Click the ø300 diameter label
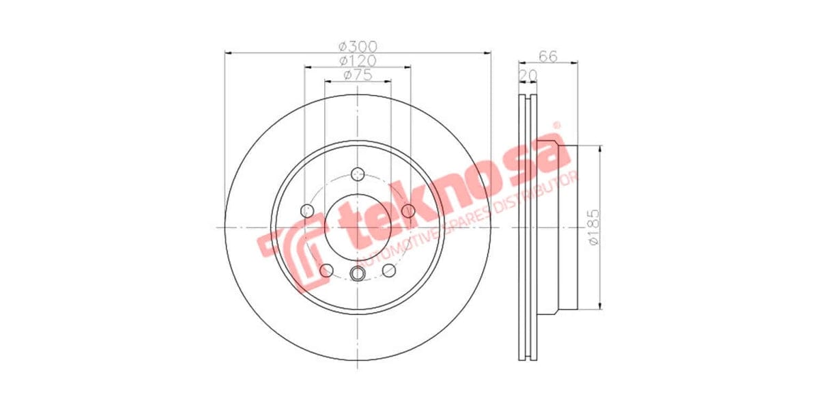coord(358,46)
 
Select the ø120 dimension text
coord(358,61)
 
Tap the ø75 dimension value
coord(358,75)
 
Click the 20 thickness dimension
coord(527,74)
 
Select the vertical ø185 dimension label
coord(593,228)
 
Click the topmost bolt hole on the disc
coord(358,174)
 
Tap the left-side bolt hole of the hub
coord(307,210)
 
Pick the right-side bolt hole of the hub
coord(408,210)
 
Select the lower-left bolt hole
coord(326,271)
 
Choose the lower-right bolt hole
coord(389,271)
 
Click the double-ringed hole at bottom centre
coord(358,274)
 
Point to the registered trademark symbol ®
coord(556,126)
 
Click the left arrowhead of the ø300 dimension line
coord(228,52)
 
